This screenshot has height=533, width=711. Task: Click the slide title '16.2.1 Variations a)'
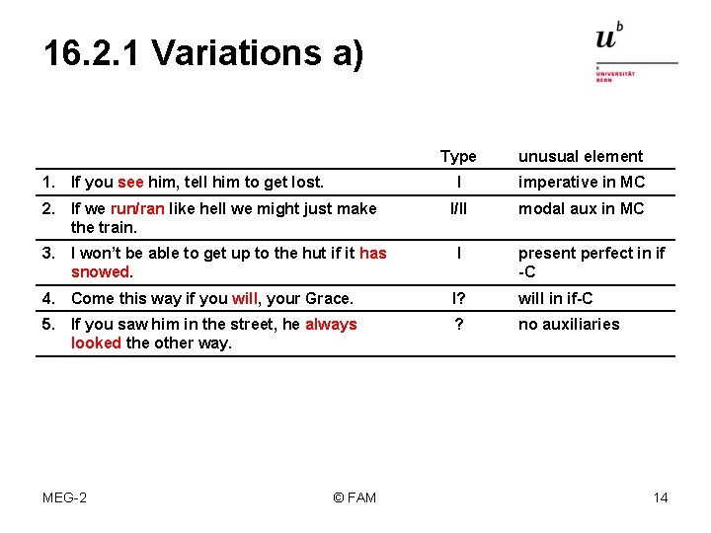click(x=203, y=52)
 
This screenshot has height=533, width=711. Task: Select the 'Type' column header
click(x=458, y=156)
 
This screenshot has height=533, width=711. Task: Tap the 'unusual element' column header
click(x=581, y=156)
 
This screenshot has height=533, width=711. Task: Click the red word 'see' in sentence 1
click(x=130, y=182)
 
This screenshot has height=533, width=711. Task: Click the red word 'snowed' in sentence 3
click(x=101, y=271)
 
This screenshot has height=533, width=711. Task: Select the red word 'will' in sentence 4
click(x=244, y=298)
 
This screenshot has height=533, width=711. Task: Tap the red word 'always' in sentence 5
click(x=331, y=324)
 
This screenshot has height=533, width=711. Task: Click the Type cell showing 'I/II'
click(x=458, y=208)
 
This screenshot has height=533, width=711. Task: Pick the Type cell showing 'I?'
click(x=458, y=298)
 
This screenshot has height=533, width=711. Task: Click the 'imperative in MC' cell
click(x=581, y=182)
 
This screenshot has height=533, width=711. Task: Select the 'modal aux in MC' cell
click(x=581, y=208)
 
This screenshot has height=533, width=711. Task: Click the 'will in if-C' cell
click(x=556, y=298)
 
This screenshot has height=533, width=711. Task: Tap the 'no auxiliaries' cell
click(x=569, y=324)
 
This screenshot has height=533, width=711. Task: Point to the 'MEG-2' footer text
click(x=64, y=496)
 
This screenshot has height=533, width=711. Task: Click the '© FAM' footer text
click(x=355, y=496)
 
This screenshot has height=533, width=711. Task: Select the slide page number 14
click(x=661, y=496)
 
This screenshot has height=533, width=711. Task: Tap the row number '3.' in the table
click(x=48, y=253)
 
